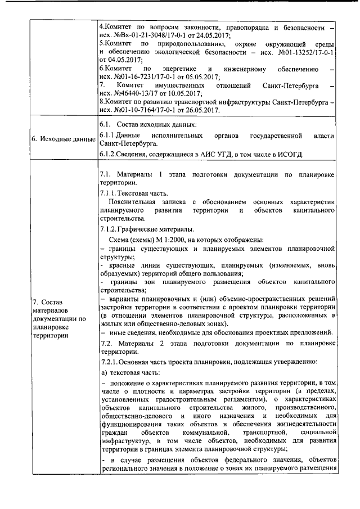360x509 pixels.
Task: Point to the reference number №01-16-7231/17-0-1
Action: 139,76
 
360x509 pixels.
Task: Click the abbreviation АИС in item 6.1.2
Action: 209,154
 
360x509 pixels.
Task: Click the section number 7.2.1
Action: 109,360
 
